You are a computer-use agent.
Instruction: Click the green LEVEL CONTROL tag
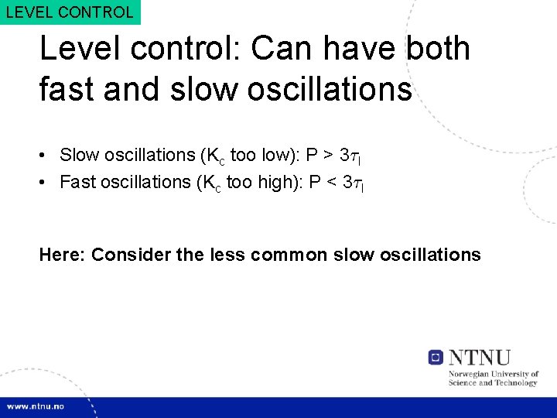click(70, 12)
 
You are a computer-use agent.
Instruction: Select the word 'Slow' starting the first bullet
click(78, 155)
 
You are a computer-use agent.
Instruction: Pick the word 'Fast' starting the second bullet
click(77, 182)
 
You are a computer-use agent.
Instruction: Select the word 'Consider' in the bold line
click(129, 255)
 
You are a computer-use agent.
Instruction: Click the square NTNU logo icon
click(436, 357)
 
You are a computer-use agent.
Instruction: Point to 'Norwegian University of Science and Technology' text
click(493, 379)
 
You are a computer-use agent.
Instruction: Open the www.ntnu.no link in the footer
click(36, 406)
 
